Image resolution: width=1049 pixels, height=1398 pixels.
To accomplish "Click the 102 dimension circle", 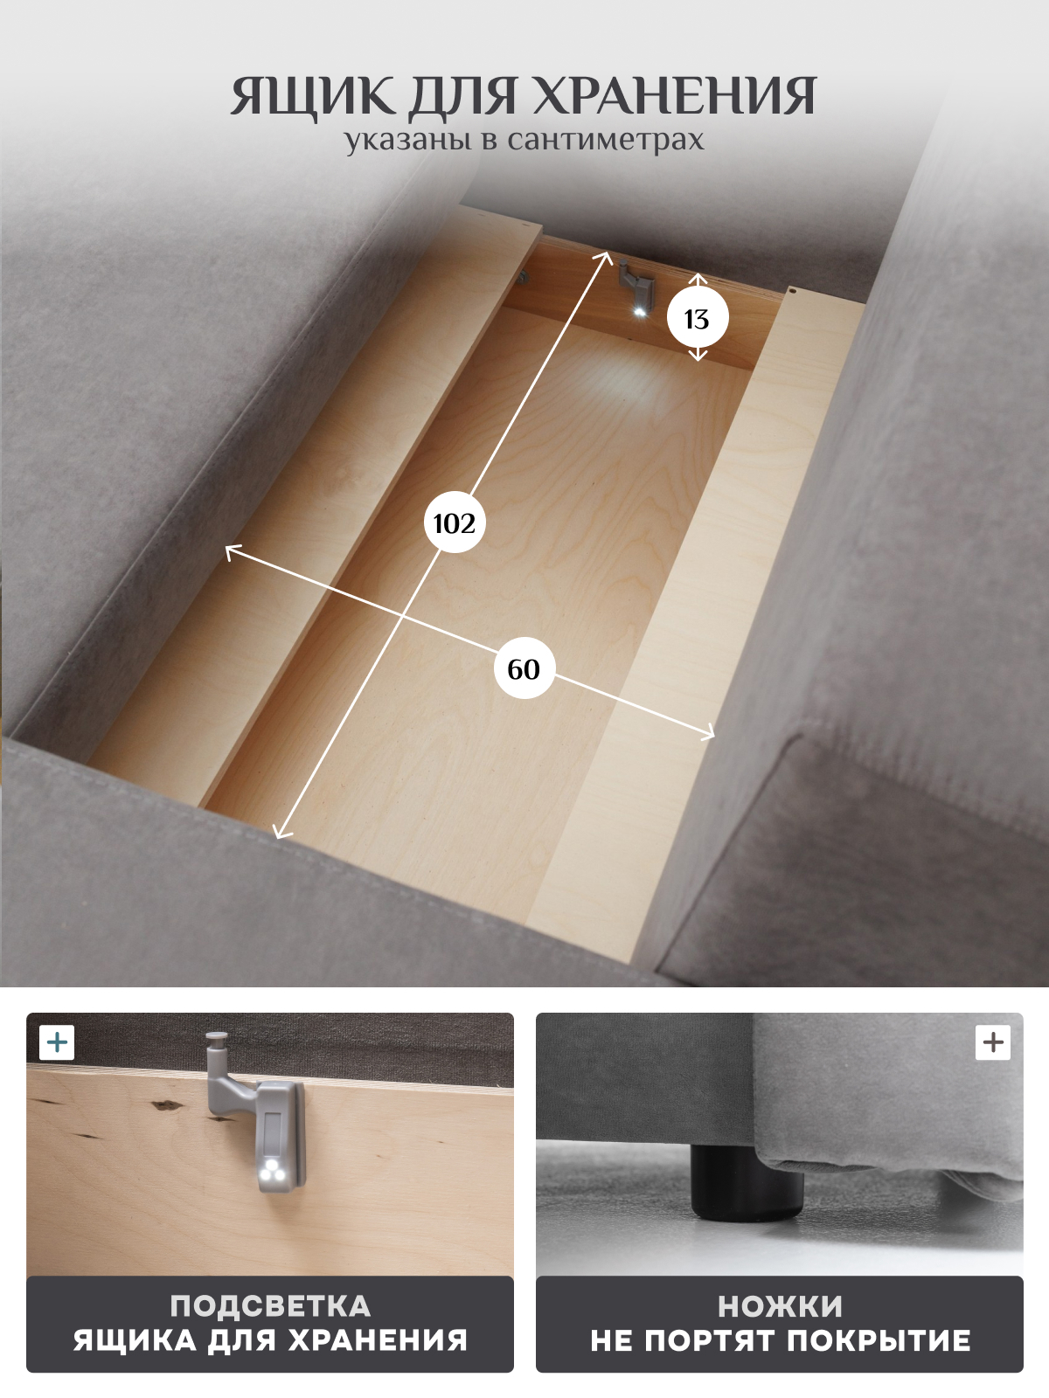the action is point(455,523).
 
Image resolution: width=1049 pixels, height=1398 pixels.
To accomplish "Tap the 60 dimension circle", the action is point(524,668).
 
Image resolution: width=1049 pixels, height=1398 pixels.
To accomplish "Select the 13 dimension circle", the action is point(698,318).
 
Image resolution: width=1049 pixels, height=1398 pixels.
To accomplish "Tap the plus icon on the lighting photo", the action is point(57,1042).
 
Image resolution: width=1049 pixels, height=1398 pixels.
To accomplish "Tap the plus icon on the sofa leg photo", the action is point(993,1042).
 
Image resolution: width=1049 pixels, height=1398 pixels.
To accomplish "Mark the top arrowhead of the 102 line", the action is point(604,257).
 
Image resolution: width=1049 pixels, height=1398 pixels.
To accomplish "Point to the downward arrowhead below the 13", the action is point(698,356).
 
